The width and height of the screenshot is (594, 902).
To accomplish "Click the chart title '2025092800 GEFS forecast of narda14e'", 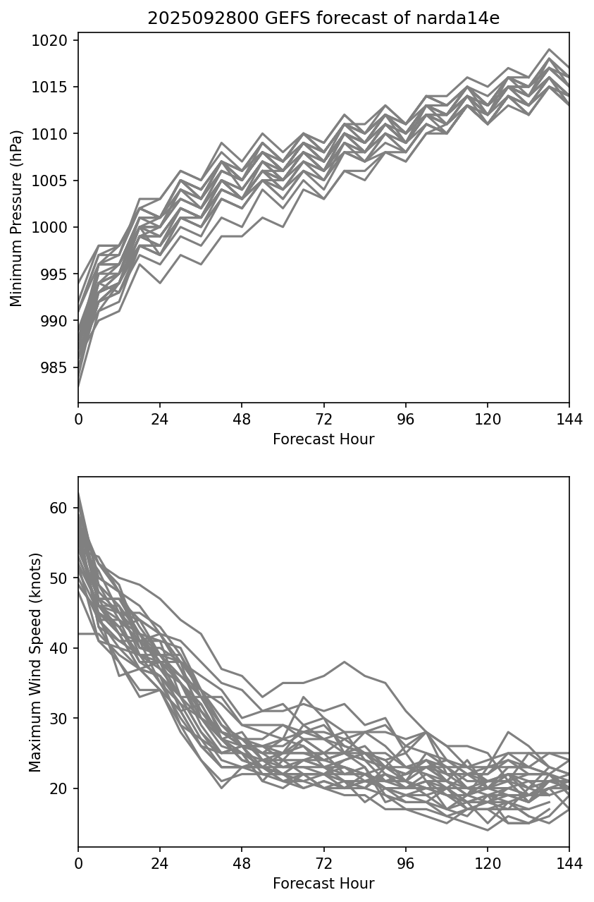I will point(323,18).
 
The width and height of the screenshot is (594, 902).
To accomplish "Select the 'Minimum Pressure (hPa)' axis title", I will point(17,218).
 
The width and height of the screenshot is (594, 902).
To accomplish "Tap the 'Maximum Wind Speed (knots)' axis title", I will point(35,662).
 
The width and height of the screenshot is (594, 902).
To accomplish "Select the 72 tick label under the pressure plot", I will point(323,418).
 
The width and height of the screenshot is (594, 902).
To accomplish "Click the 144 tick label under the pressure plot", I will point(569,418).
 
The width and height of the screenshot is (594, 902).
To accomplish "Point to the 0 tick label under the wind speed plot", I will point(78,863).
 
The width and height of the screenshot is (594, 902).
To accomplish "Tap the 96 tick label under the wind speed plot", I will point(405,863).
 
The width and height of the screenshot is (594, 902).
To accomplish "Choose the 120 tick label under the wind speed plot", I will point(487,863).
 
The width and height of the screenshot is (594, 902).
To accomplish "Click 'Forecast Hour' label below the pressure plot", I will point(323,439).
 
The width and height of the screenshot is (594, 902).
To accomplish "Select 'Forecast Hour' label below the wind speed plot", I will point(323,884).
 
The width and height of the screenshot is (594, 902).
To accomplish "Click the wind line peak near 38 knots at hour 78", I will point(344,662).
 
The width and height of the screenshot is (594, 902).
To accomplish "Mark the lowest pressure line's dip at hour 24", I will point(160,283).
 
